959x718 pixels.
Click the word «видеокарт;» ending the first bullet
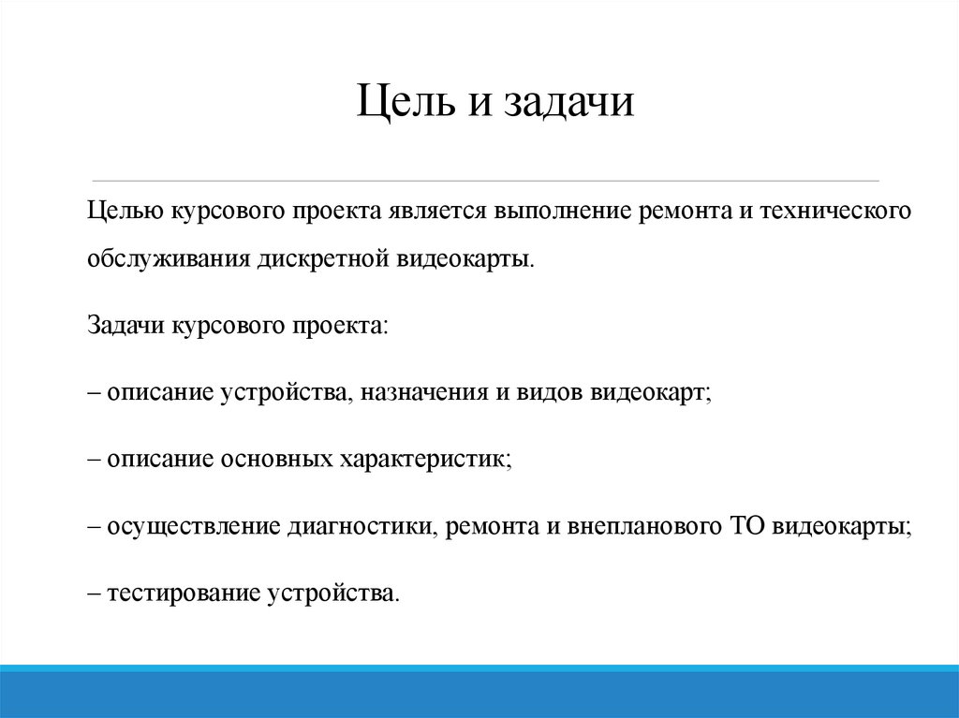point(651,392)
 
